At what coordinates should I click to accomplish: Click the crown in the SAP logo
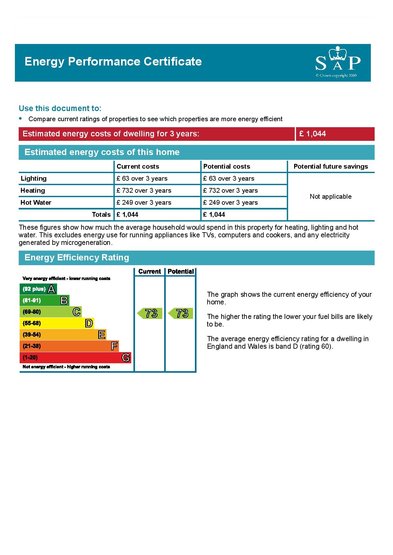coord(338,53)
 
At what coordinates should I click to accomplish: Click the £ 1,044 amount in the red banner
coord(312,134)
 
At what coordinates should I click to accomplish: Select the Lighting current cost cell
coord(142,178)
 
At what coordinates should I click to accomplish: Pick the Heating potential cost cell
coord(230,190)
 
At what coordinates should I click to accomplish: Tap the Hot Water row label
coord(36,203)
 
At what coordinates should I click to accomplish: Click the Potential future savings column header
coord(331,166)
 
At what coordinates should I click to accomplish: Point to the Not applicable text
coord(331,196)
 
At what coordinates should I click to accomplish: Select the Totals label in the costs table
coord(101,215)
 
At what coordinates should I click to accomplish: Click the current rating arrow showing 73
coord(150,313)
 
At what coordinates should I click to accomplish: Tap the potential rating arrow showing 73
coord(181,313)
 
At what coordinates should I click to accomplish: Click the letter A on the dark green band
coord(51,289)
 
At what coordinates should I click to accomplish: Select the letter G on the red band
coord(126,358)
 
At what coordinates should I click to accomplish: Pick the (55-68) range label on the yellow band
coord(32,323)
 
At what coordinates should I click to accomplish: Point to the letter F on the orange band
coord(114,346)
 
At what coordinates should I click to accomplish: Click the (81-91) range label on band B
coord(32,300)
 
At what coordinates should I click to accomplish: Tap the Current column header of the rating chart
coord(150,271)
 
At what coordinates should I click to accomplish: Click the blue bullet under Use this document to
coord(21,118)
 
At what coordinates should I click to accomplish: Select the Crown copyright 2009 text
coord(336,76)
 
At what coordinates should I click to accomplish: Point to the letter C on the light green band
coord(76,312)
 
